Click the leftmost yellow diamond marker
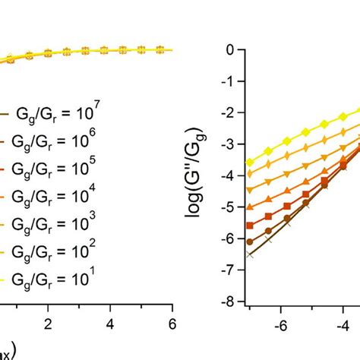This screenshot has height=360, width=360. point(250,162)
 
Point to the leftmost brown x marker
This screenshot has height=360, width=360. point(250,254)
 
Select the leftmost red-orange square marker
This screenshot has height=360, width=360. point(250,225)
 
